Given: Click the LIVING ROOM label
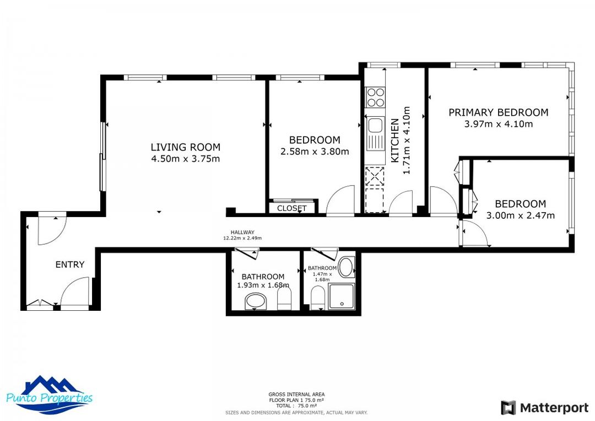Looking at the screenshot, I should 185,147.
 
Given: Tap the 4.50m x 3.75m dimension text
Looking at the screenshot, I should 185,159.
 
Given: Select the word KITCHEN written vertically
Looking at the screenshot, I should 395,141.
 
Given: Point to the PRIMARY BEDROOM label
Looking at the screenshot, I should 498,112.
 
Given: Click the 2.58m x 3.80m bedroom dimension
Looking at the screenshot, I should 315,152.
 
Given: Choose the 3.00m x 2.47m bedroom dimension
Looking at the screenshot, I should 520,215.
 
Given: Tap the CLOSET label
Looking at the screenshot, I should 291,208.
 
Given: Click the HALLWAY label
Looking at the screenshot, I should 242,233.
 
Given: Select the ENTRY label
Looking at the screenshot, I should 70,265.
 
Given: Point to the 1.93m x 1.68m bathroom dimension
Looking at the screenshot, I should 263,285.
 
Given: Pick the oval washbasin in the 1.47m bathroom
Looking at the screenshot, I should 346,268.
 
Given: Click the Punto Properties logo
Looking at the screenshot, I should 50,395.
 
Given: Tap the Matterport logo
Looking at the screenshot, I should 544,408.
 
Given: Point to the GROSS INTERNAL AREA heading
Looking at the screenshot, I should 296,395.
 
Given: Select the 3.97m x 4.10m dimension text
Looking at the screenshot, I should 498,124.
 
